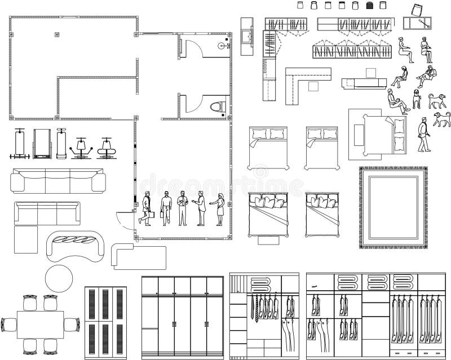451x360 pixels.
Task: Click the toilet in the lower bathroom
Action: click(216, 106)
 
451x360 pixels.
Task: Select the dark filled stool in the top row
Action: click(370, 6)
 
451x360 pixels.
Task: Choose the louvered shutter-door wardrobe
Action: click(105, 320)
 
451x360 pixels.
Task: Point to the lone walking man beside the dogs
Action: click(422, 135)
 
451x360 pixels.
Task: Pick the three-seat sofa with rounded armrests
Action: click(58, 181)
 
